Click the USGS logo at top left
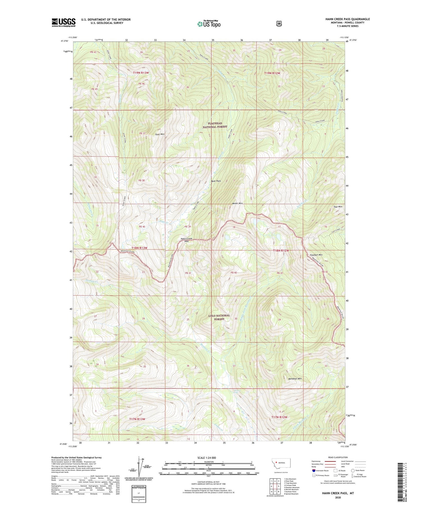[x=63, y=22]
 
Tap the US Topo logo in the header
[x=209, y=24]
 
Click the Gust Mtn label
[x=160, y=134]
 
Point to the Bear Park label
[x=216, y=181]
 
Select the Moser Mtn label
[x=237, y=203]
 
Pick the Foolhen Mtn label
[x=316, y=255]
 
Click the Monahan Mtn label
[x=295, y=379]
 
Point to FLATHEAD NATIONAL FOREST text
[x=215, y=125]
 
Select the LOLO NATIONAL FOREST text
[x=219, y=317]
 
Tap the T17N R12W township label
[x=280, y=417]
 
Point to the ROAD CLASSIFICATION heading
[x=338, y=457]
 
